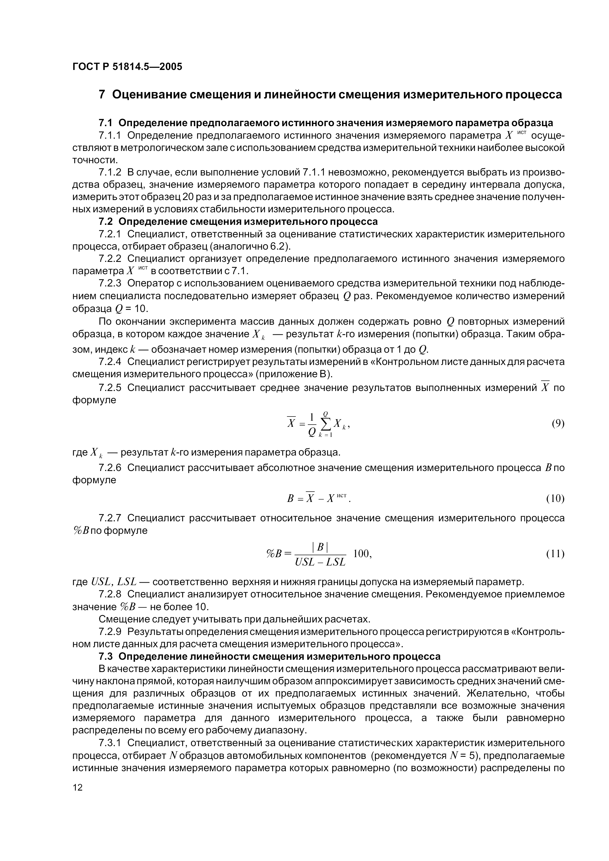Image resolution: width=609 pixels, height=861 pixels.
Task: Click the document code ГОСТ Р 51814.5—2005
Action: tap(127, 67)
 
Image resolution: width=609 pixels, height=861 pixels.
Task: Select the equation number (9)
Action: tap(558, 424)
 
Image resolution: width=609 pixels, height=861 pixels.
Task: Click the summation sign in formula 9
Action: tap(325, 424)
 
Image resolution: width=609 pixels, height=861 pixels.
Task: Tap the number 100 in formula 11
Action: tap(362, 553)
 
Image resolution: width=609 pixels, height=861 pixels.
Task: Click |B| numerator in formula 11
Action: tap(320, 547)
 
